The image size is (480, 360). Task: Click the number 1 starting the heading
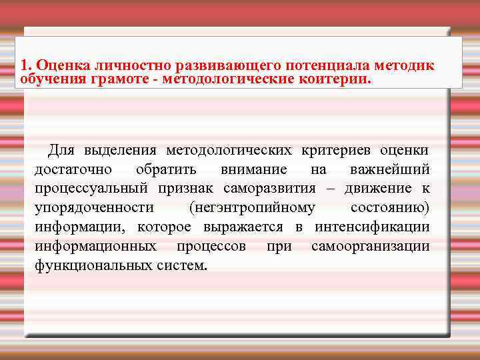[24, 65]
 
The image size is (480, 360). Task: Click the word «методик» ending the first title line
[404, 65]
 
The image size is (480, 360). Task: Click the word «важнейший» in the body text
[389, 171]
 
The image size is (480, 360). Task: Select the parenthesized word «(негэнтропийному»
[252, 209]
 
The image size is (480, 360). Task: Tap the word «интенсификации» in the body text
[372, 227]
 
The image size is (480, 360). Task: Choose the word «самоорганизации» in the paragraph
[370, 247]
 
